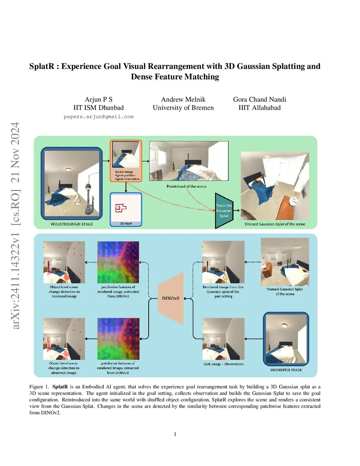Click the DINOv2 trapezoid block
171,298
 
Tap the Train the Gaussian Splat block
224,211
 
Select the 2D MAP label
126,223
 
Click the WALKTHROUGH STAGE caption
72,224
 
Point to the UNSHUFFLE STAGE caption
286,370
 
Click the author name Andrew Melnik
183,99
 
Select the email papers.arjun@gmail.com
98,117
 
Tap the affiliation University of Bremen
183,107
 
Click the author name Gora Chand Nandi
259,99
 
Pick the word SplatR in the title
42,66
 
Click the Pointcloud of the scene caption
186,186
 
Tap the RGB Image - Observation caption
224,364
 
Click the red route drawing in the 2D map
121,208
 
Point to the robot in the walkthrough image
89,199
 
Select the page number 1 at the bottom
175,434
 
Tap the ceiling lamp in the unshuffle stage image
284,325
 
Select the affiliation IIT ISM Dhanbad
98,107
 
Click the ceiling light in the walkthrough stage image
68,170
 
